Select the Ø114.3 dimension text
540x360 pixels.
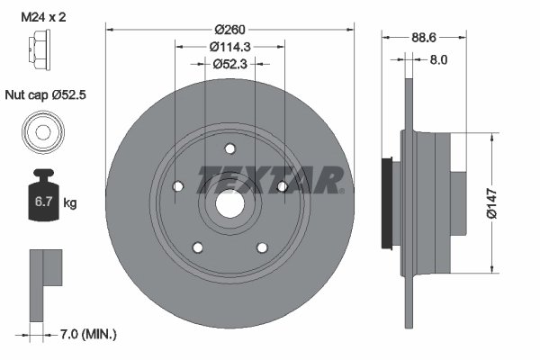point(229,45)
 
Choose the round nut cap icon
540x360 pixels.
point(41,130)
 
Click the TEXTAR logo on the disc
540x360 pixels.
point(270,179)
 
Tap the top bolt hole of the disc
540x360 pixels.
point(229,148)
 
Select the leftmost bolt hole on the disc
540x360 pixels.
point(176,186)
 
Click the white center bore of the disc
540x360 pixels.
point(229,204)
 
